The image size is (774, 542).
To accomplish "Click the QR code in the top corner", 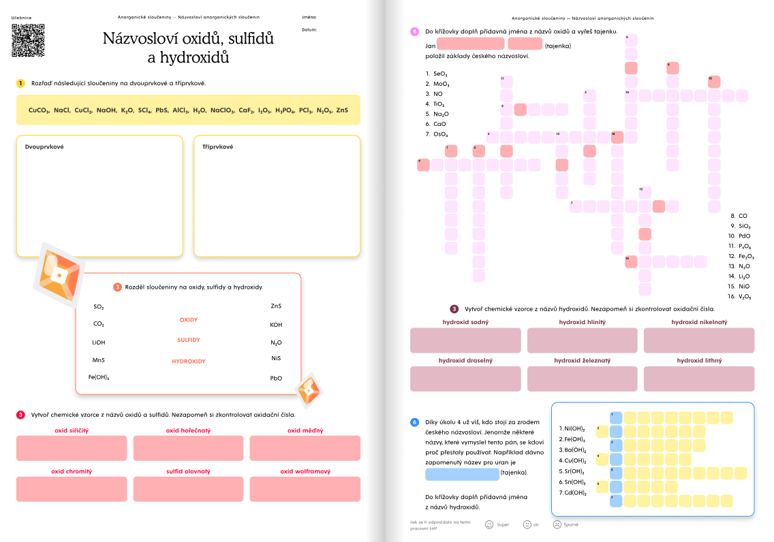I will coord(28,40).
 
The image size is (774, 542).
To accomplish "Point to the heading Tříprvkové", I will coord(217,146).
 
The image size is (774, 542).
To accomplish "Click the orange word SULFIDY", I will coord(189,340).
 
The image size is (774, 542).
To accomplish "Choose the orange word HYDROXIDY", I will coord(189,361).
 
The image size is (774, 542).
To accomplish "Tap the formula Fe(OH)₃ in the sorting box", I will coord(99,377).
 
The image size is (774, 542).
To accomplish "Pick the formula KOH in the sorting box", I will coord(276,325).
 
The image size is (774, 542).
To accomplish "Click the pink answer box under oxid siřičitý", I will coord(72,447).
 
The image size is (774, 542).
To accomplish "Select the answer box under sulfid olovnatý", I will coord(189,489).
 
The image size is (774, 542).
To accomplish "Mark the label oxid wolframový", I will coord(305,471).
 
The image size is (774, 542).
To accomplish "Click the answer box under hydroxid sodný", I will coord(465,340).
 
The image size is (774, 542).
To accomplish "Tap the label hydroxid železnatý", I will coord(583,360).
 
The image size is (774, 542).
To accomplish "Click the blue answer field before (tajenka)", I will coord(462,474).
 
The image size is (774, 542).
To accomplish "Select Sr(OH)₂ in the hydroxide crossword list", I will coord(572,471).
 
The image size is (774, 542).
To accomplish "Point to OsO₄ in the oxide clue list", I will coord(437,135).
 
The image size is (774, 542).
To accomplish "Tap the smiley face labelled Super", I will coord(489,524).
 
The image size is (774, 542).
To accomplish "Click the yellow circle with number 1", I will coord(20,83).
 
